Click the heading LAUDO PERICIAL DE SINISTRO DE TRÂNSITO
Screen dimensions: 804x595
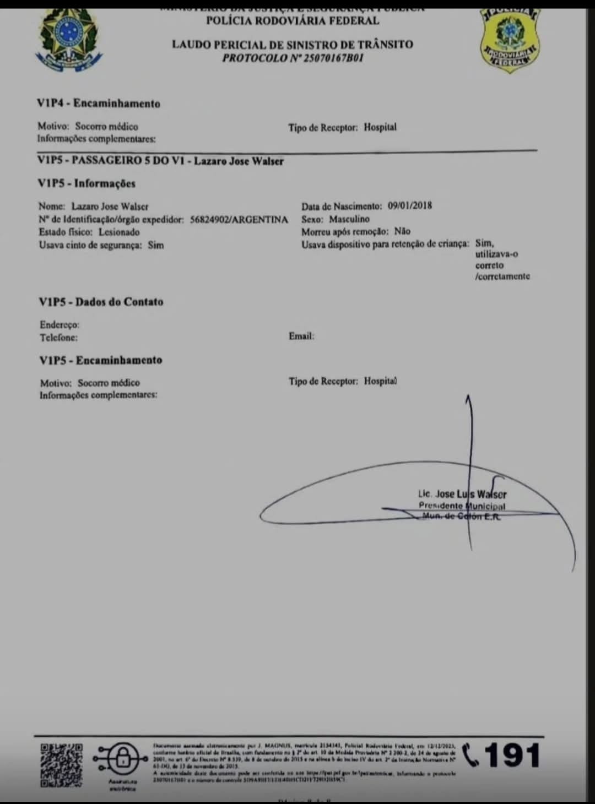[x=292, y=45]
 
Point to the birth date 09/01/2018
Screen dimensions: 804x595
[x=409, y=206]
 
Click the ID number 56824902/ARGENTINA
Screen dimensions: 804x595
[x=239, y=220]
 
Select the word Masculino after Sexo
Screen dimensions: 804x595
[x=349, y=219]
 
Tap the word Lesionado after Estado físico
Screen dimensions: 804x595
[x=119, y=232]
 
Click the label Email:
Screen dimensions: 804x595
[x=301, y=336]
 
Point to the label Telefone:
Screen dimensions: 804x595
[x=58, y=338]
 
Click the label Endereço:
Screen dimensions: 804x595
[x=59, y=325]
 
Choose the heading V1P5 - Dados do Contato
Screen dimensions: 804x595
[x=101, y=302]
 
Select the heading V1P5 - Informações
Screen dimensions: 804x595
[x=86, y=183]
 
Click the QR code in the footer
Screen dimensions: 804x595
[x=62, y=765]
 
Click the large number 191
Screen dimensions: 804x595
[x=512, y=756]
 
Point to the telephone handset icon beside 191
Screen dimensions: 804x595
[x=472, y=755]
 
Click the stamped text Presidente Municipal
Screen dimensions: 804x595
[x=462, y=506]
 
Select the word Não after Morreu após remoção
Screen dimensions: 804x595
[x=402, y=232]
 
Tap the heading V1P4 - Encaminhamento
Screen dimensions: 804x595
[x=99, y=104]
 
